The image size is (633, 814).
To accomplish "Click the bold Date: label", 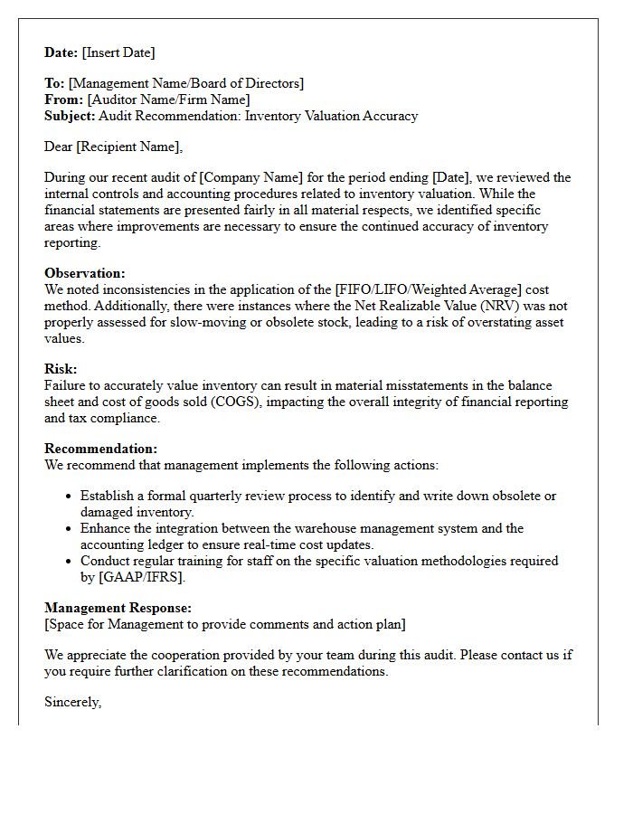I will [61, 52].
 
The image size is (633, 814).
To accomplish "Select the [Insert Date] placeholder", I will [118, 52].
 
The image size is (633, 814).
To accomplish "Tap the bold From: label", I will [63, 99].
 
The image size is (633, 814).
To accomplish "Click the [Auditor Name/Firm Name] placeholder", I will [168, 99].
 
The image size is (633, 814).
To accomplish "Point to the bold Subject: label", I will [70, 116].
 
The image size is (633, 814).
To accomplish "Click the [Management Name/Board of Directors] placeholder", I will [186, 83].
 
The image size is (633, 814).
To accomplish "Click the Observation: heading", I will [85, 273].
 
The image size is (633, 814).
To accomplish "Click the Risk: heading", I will [61, 369].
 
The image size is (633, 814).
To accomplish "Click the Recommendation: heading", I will [100, 449].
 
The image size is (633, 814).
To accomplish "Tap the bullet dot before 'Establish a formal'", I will [70, 497].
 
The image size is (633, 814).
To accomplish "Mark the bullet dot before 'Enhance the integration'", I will [70, 529].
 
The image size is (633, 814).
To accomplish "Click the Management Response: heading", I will [118, 609].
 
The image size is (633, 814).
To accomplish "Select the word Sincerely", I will [72, 702].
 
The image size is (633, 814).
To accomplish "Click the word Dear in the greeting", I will [60, 147].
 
